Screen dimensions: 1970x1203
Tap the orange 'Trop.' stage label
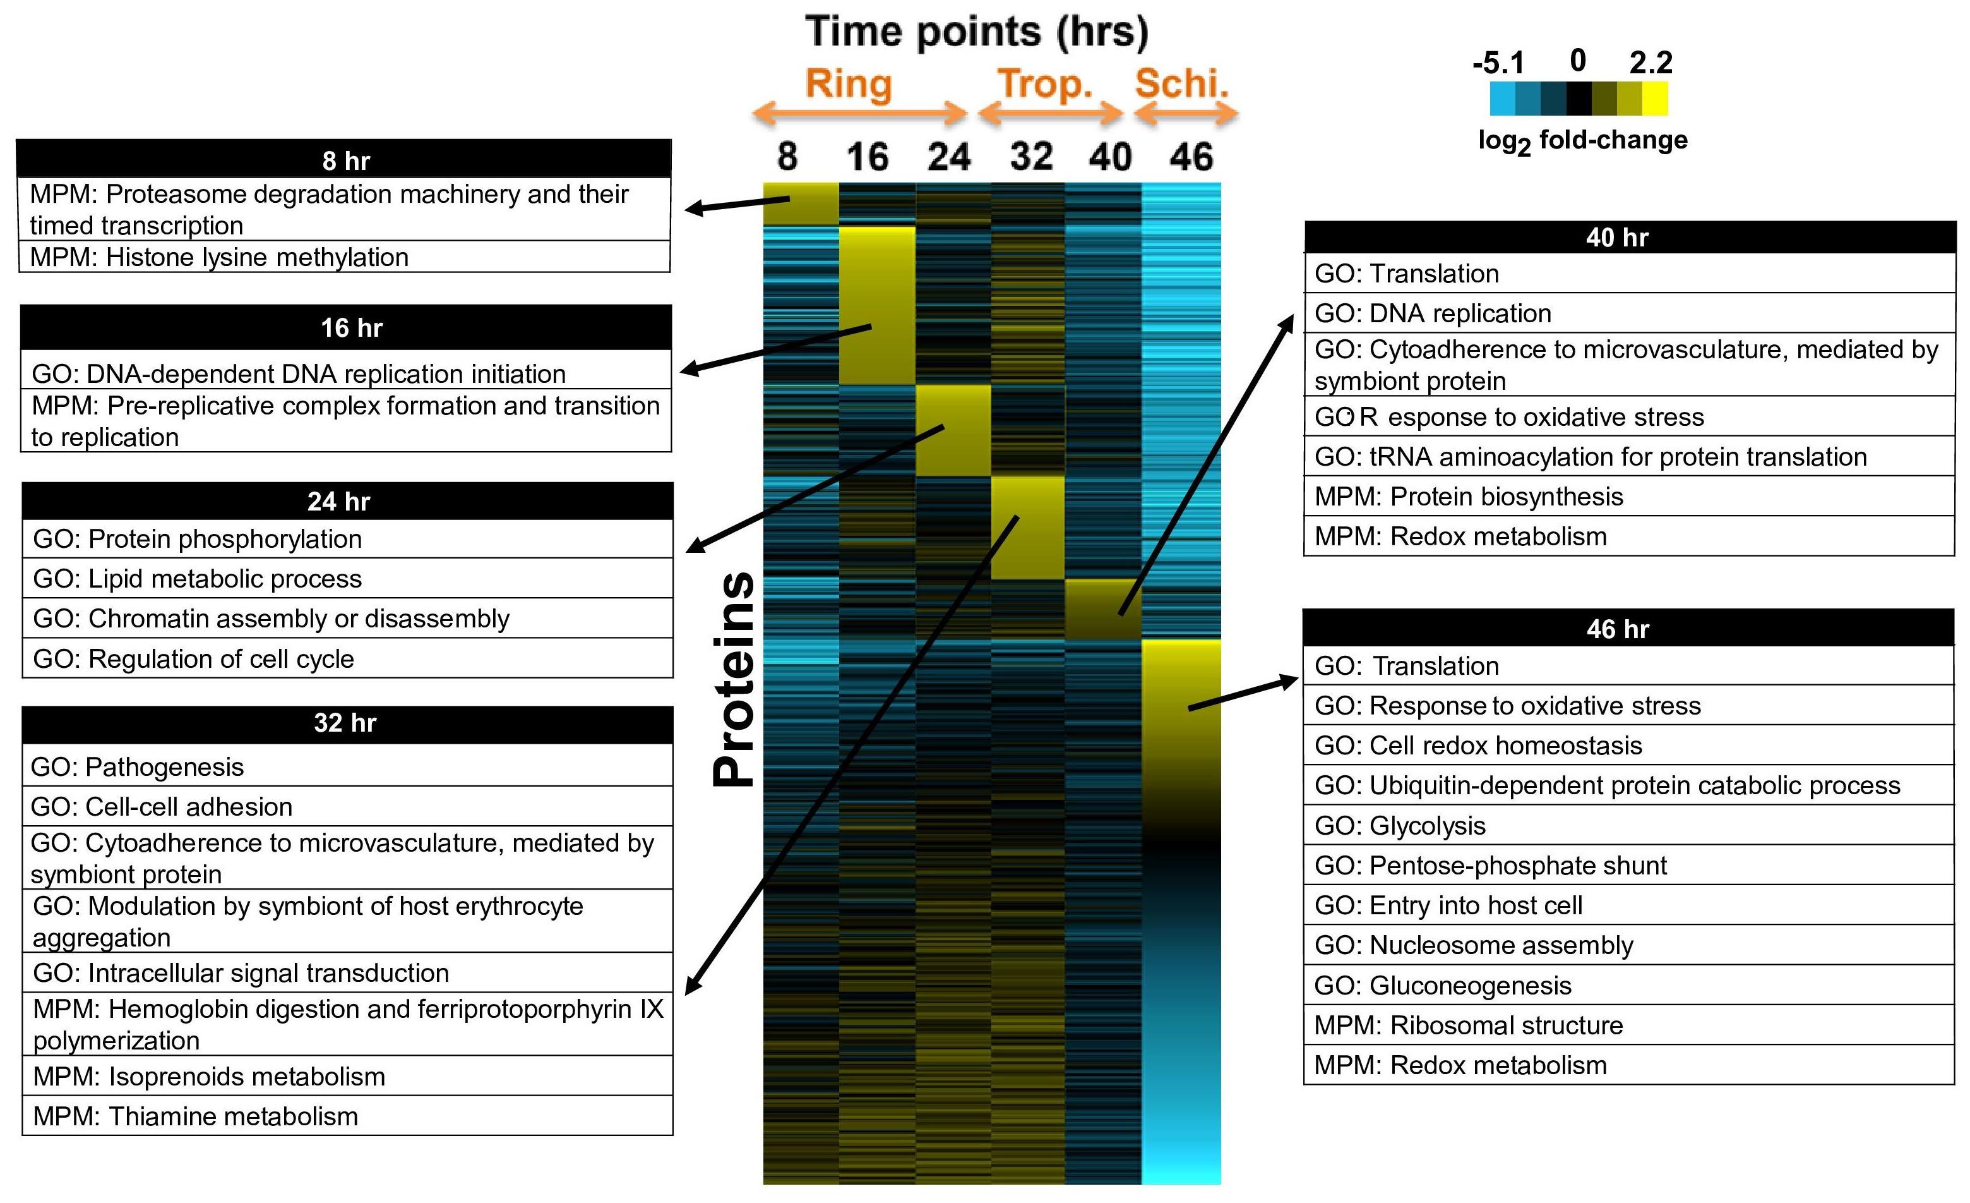(1045, 84)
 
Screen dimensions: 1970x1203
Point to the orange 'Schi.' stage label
(1181, 84)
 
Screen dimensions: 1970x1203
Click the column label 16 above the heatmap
(868, 157)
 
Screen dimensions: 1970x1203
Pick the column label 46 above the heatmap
(1191, 157)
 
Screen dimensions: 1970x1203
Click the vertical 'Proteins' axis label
(734, 679)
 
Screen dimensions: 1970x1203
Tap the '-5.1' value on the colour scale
(1498, 63)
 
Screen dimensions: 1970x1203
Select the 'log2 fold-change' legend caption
(1583, 142)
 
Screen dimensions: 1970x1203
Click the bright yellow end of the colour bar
(1655, 99)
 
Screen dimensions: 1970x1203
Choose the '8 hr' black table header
(343, 159)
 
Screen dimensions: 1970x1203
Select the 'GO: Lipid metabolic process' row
(347, 578)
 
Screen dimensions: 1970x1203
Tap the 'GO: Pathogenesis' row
(347, 766)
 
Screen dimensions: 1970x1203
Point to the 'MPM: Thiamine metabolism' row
(347, 1116)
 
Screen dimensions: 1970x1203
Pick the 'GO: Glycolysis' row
(1628, 825)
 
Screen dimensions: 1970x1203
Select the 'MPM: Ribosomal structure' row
(1628, 1025)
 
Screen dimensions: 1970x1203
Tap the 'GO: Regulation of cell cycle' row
(347, 658)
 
